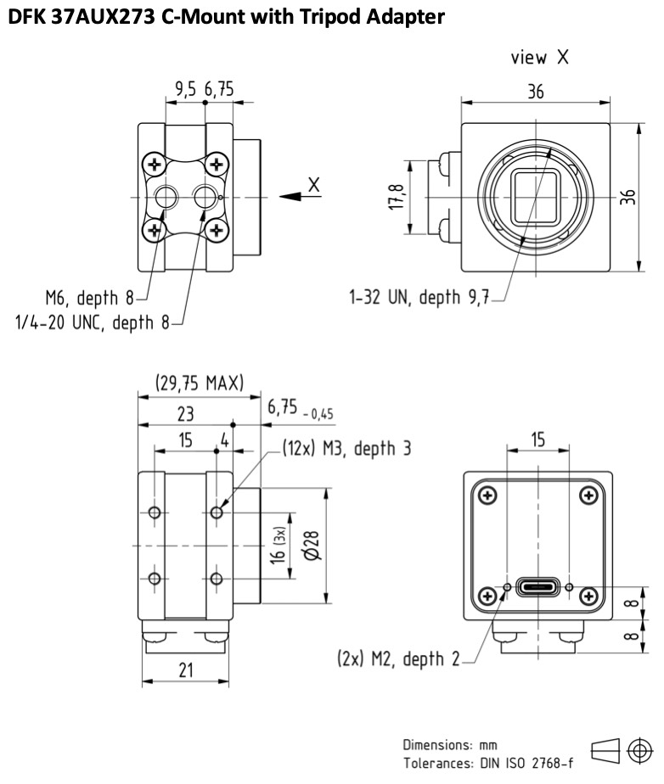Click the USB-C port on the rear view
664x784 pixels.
tap(537, 586)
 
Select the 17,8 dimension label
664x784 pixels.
tap(397, 197)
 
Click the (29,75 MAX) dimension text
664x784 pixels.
tap(200, 383)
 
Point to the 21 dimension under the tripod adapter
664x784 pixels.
tap(186, 670)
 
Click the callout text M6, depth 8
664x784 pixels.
tap(90, 298)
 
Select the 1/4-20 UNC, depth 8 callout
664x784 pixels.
tap(93, 322)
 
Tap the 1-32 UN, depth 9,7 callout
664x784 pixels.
tap(419, 297)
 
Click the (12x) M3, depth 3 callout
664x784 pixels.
tap(346, 448)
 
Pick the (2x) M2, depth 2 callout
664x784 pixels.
tap(398, 659)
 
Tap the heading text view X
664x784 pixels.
tap(539, 58)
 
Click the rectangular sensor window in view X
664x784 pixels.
tap(535, 197)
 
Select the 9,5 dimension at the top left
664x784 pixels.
tap(185, 89)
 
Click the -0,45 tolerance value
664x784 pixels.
tap(318, 414)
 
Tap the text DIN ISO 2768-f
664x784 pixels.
tap(526, 764)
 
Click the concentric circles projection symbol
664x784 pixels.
tap(639, 751)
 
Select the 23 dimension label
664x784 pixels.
tap(185, 414)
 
